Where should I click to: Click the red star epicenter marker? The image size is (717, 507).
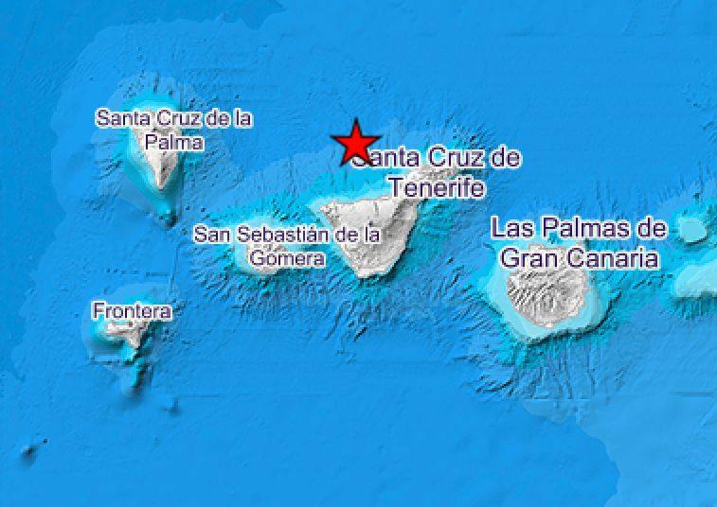pos(356,142)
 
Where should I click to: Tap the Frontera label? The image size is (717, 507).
pos(133,310)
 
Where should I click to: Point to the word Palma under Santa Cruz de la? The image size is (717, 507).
pos(174,142)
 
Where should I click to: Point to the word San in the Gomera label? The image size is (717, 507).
pos(210,234)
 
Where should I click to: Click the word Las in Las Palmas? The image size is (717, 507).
pos(510,228)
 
